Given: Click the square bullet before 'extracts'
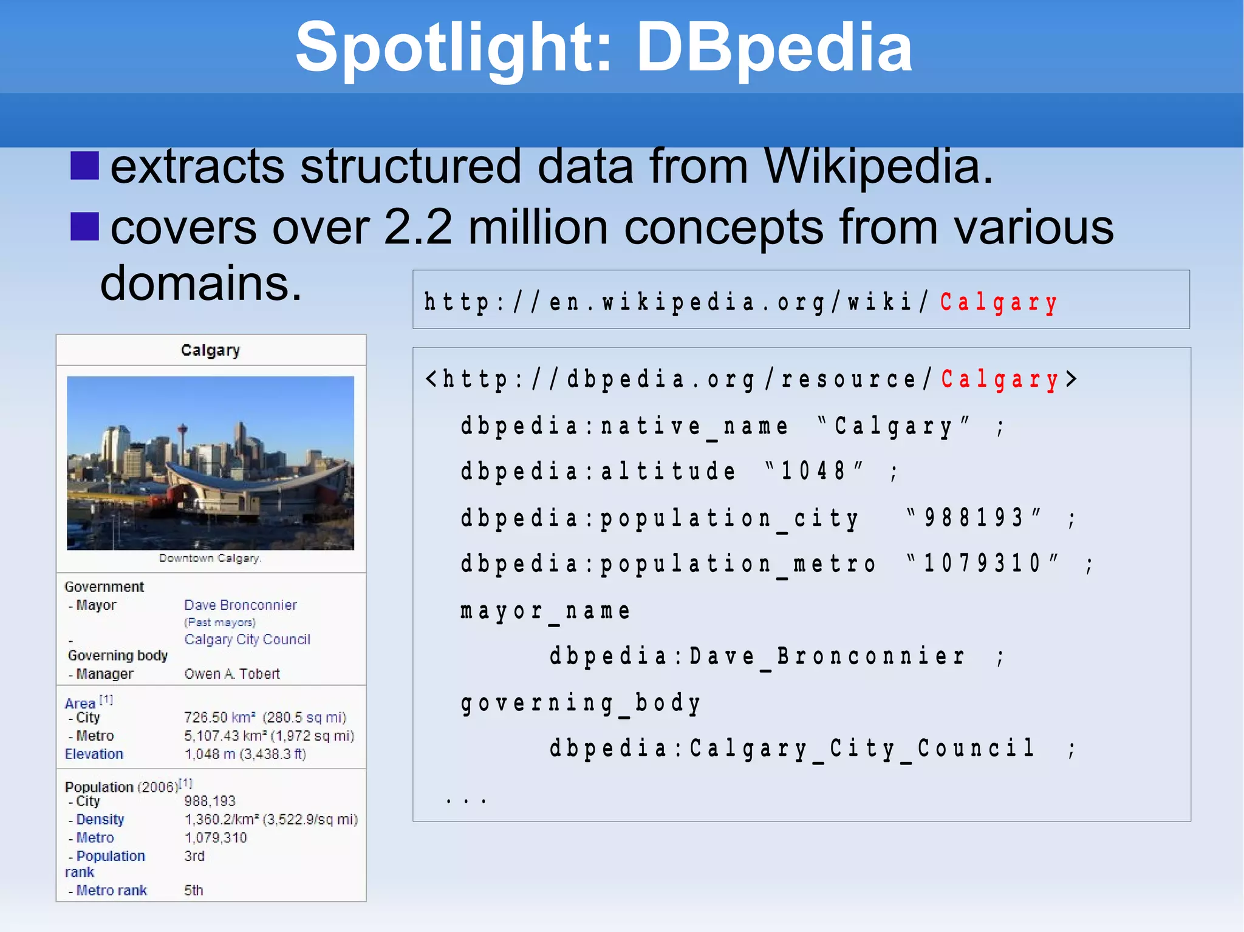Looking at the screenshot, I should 84,166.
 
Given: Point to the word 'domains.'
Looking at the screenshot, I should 201,284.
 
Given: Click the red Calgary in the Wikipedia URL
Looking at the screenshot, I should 999,302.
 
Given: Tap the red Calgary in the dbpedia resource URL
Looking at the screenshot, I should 1000,379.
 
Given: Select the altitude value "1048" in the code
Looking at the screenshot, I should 813,471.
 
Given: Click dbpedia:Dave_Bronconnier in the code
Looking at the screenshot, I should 757,656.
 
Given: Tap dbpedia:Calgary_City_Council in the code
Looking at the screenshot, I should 792,749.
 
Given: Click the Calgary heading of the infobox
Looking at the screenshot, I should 210,350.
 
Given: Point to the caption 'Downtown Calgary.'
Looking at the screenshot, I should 210,558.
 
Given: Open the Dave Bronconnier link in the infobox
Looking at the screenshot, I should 241,605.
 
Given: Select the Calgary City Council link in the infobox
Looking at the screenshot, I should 247,639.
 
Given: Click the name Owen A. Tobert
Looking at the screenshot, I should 232,673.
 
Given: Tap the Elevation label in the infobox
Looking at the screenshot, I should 94,753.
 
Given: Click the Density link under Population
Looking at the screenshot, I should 100,819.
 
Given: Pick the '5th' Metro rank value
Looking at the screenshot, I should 194,890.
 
